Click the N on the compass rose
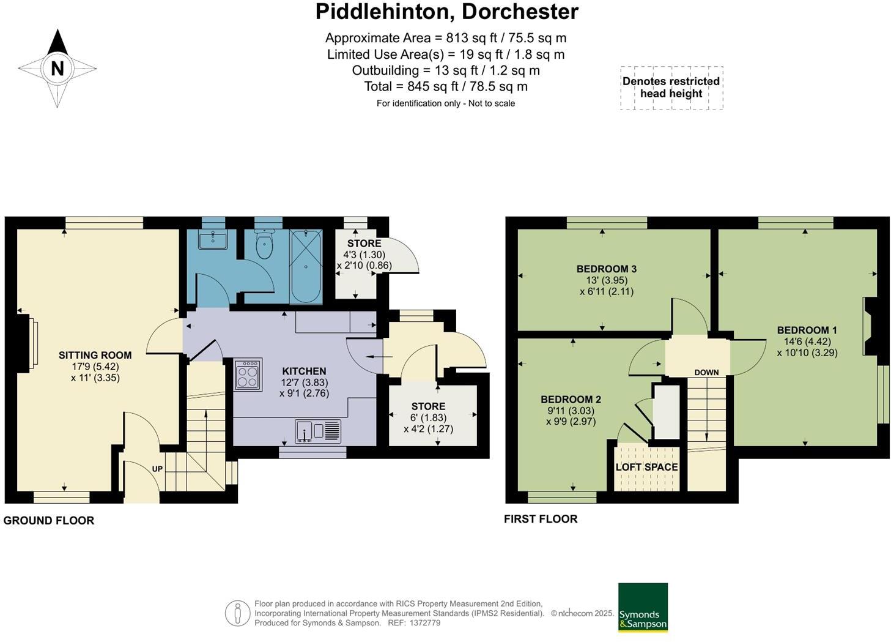(x=57, y=68)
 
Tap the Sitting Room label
(x=95, y=355)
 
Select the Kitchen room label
(x=304, y=371)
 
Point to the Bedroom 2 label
(x=571, y=399)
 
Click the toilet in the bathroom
(x=265, y=245)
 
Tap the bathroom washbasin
(x=213, y=239)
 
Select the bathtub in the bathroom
(x=306, y=267)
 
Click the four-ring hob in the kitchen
(x=248, y=375)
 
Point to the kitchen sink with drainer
(x=318, y=431)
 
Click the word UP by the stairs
(x=157, y=469)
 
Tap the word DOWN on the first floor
(x=706, y=372)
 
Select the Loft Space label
(x=646, y=467)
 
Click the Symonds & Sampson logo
(x=643, y=607)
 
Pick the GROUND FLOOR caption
(x=49, y=520)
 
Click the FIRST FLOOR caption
(x=541, y=519)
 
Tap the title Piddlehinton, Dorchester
(x=446, y=12)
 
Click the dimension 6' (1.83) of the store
(x=428, y=417)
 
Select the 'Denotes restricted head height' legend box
(x=671, y=88)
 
